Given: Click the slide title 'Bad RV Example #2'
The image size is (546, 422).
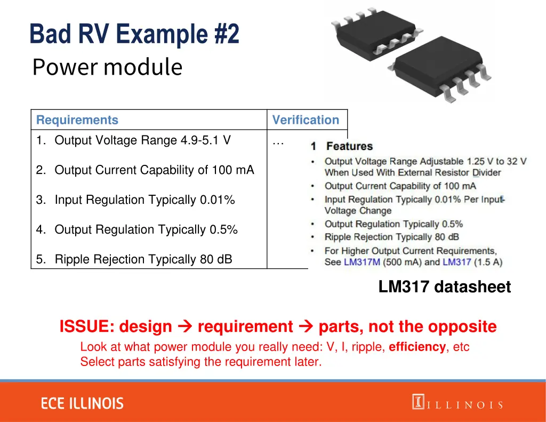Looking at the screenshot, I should pyautogui.click(x=134, y=34).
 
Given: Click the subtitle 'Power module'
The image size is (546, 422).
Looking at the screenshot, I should pyautogui.click(x=107, y=67).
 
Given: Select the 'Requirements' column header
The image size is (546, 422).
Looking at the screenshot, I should pyautogui.click(x=77, y=120).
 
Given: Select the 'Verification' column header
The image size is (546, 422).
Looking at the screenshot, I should pyautogui.click(x=306, y=120).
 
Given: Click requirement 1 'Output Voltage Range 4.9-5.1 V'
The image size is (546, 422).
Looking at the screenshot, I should pyautogui.click(x=133, y=140).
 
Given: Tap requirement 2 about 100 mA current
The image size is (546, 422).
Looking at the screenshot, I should pyautogui.click(x=145, y=170).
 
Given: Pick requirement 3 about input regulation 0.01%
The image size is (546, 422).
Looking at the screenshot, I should pyautogui.click(x=135, y=200).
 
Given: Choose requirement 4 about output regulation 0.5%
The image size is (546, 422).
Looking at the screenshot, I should pyautogui.click(x=137, y=230).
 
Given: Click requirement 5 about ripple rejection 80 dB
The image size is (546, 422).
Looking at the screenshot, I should pyautogui.click(x=134, y=260).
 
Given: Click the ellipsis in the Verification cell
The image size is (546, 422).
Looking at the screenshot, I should pyautogui.click(x=278, y=142).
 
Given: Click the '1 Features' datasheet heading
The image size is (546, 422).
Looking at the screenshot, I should pyautogui.click(x=342, y=146).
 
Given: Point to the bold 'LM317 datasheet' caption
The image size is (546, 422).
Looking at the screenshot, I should pyautogui.click(x=444, y=287).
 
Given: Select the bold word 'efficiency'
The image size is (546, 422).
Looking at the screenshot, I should pyautogui.click(x=417, y=347).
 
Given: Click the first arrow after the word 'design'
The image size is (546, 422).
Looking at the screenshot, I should pyautogui.click(x=184, y=327).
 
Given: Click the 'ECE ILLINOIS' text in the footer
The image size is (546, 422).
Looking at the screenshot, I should pyautogui.click(x=82, y=403).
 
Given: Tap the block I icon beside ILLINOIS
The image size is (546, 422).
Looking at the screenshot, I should pyautogui.click(x=417, y=402).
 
